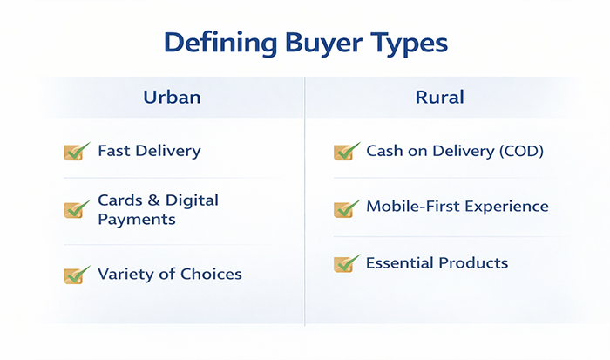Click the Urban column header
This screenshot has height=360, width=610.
pyautogui.click(x=172, y=97)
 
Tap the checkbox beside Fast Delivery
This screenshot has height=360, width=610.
pyautogui.click(x=77, y=152)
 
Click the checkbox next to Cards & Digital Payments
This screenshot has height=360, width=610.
pyautogui.click(x=77, y=210)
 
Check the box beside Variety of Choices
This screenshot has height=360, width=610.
pyautogui.click(x=77, y=275)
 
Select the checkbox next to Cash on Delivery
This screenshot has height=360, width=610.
pyautogui.click(x=346, y=152)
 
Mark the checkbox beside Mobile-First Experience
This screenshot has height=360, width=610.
pyautogui.click(x=346, y=208)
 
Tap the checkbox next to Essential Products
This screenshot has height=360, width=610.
pyautogui.click(x=346, y=263)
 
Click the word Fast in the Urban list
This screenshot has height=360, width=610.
pyautogui.click(x=113, y=151)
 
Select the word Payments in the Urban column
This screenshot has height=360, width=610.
pyautogui.click(x=137, y=220)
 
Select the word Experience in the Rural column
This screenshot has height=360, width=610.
pyautogui.click(x=509, y=207)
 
